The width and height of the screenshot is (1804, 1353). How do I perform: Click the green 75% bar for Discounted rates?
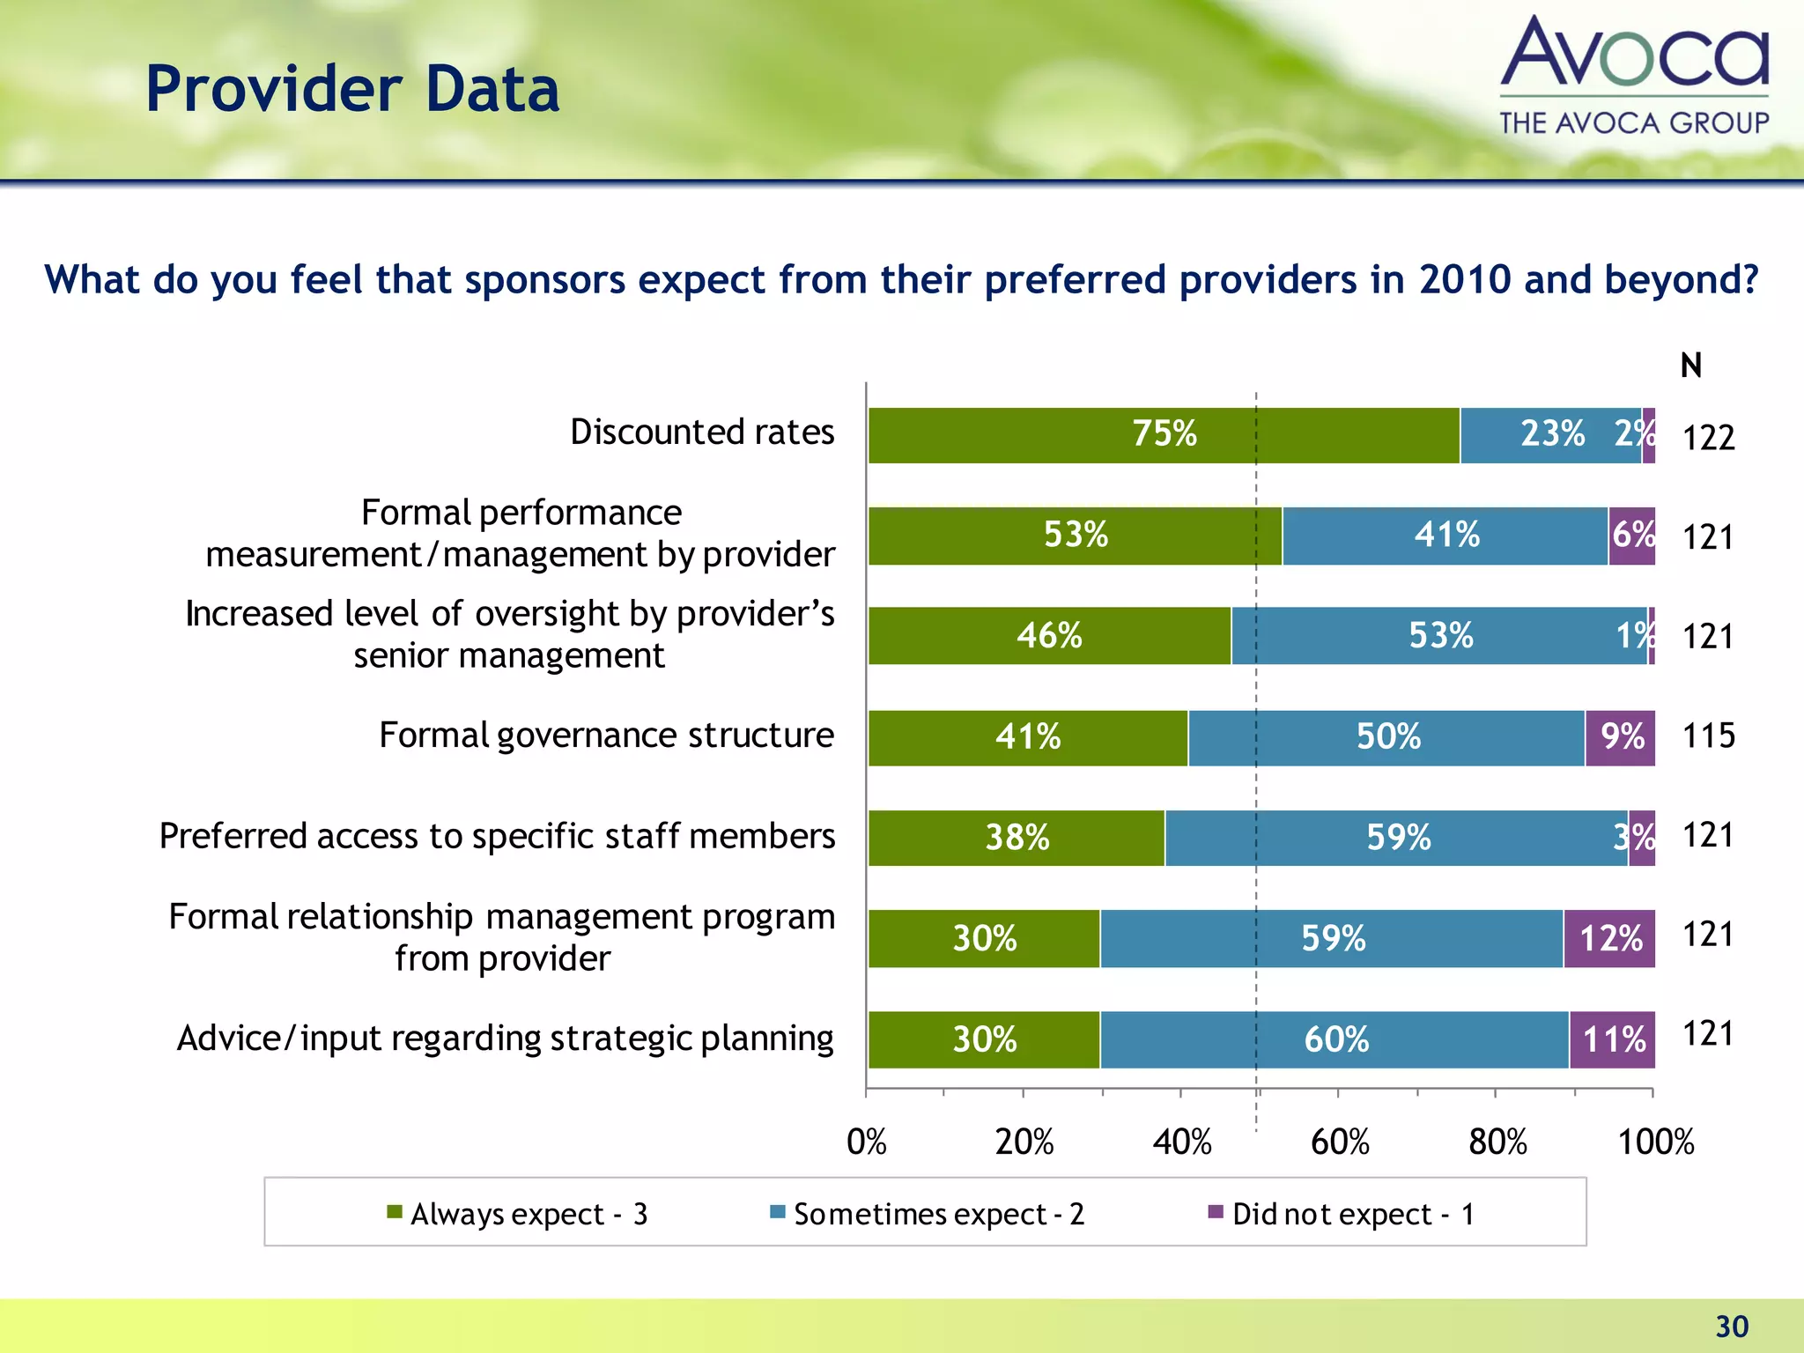point(1163,435)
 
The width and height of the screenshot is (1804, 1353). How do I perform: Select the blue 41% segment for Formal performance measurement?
point(1445,536)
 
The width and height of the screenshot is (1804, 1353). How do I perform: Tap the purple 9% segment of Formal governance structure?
point(1620,737)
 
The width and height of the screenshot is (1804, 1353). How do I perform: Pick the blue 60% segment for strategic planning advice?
point(1335,1039)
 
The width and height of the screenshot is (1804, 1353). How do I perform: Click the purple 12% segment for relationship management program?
point(1609,938)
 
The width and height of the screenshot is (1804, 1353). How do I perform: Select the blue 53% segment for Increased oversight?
point(1439,636)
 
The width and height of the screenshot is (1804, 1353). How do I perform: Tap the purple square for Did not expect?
point(1216,1212)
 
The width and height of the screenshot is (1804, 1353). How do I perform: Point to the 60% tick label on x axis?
point(1340,1142)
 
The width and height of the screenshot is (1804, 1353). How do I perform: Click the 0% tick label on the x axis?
point(867,1142)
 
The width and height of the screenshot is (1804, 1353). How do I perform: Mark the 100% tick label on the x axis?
point(1655,1142)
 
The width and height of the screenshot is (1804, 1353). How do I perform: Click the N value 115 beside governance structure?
point(1708,736)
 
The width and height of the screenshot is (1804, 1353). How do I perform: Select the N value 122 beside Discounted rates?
point(1708,438)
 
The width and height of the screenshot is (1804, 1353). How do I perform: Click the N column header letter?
point(1690,366)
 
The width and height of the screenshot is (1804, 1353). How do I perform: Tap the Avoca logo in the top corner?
point(1634,75)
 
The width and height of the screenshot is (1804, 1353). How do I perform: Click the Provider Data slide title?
point(352,90)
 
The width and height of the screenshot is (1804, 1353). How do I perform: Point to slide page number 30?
point(1732,1326)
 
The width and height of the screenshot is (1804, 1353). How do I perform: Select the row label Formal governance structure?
point(606,736)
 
